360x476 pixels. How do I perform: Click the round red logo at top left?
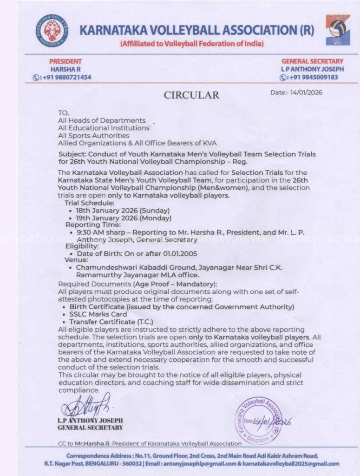(x=52, y=31)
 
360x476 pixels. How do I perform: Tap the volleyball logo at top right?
(x=337, y=29)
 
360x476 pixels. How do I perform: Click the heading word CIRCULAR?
(x=191, y=95)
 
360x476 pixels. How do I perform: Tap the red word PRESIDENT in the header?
(x=65, y=61)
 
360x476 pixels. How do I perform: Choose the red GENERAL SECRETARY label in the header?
(x=312, y=61)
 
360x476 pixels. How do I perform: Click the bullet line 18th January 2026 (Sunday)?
(x=123, y=210)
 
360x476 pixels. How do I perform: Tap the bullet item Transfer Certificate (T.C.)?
(x=111, y=322)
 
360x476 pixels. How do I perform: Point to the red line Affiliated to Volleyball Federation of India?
(x=191, y=44)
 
